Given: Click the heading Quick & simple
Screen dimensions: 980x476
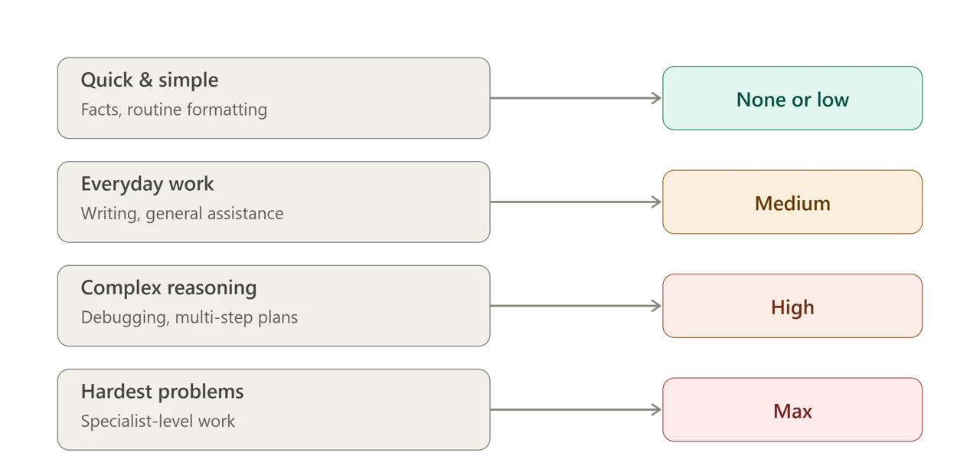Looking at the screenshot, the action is point(149,80).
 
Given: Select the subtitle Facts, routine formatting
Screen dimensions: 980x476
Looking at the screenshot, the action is point(174,110).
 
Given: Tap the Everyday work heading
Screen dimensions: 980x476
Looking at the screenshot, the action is point(148,184).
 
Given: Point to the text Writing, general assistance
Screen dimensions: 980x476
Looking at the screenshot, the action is point(182,214).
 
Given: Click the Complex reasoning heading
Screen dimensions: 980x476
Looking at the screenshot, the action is point(169,287).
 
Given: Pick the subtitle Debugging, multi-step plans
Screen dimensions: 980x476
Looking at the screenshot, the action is point(189,317).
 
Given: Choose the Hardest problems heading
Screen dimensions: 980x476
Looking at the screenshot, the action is point(162,391).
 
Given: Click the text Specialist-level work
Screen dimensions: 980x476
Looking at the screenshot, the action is point(158,422).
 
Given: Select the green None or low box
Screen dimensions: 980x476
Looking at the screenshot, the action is point(792,98).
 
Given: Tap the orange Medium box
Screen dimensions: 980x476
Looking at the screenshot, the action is point(792,202).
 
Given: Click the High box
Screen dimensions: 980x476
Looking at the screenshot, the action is point(792,306).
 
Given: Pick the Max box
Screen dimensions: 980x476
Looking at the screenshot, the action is point(792,409).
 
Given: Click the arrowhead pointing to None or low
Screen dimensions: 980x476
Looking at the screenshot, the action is point(657,98).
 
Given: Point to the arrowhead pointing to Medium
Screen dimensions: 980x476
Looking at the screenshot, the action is point(657,202).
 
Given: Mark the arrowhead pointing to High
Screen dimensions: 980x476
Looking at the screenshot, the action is point(657,306).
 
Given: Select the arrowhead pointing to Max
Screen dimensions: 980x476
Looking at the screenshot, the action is point(657,409).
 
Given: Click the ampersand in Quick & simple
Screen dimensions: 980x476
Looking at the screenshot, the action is point(145,80).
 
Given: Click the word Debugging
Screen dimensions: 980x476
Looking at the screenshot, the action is point(125,318).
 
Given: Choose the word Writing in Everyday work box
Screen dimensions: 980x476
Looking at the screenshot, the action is point(110,214).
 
